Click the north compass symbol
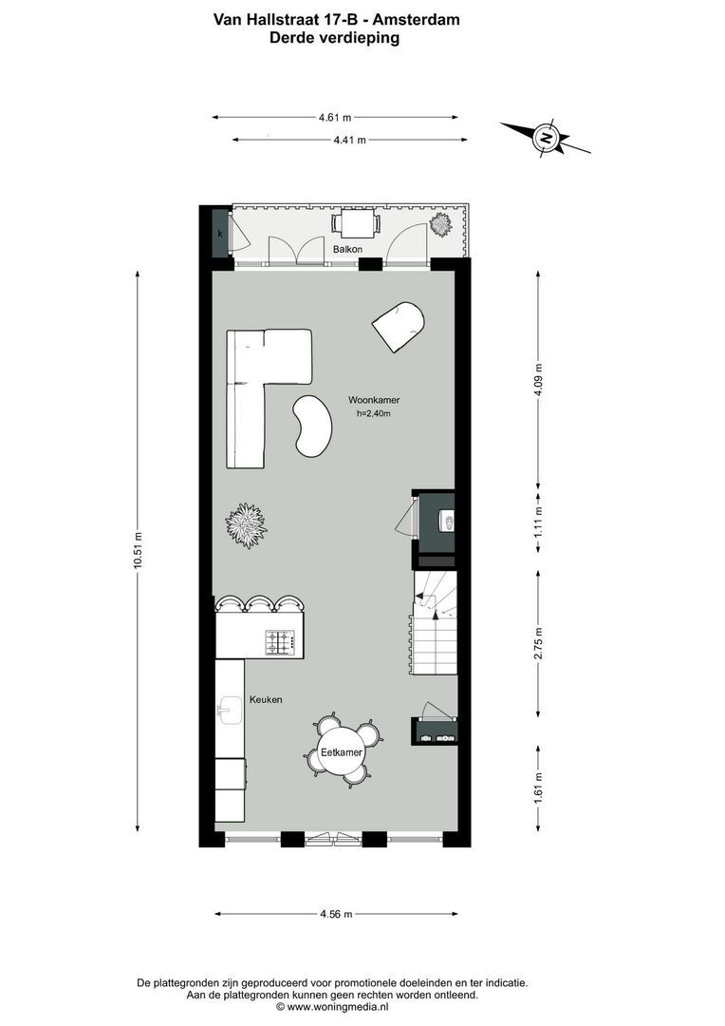(547, 137)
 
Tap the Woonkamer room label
(373, 401)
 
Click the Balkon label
(348, 249)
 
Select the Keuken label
(266, 699)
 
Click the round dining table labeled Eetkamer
(342, 751)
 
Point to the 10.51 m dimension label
(138, 549)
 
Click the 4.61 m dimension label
(334, 118)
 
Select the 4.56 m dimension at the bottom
(335, 914)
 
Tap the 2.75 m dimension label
(538, 643)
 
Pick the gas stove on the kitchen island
(281, 643)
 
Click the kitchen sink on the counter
(228, 708)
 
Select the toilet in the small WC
(445, 520)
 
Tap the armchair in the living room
(400, 326)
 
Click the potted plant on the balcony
(440, 225)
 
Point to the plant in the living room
(246, 525)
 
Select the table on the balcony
(355, 224)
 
